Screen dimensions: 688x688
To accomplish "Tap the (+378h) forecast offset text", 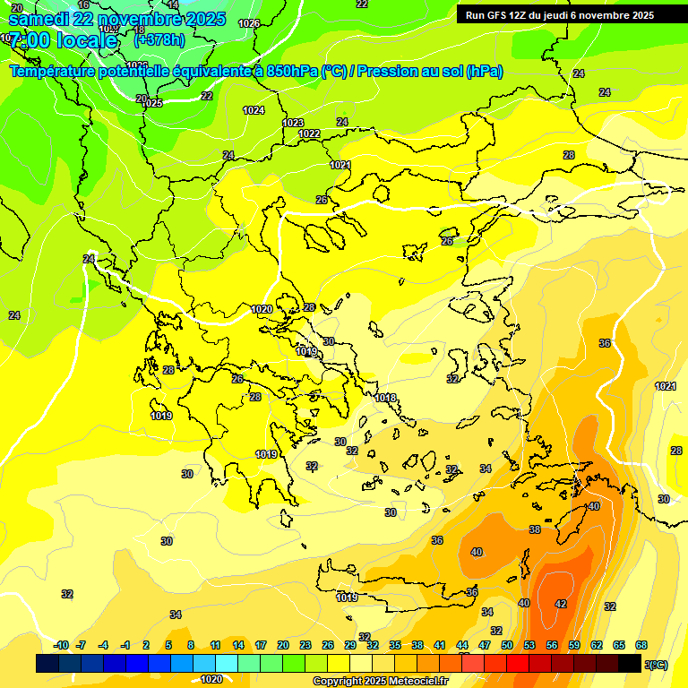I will click(x=159, y=39).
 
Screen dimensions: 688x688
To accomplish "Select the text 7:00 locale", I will click(x=63, y=40).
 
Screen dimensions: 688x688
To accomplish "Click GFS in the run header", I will click(x=499, y=15).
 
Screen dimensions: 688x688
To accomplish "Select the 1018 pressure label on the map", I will click(x=385, y=398).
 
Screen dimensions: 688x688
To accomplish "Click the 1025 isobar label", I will click(x=152, y=103).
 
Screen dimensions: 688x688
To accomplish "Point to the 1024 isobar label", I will click(x=254, y=110).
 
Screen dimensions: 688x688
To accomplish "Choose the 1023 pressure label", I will click(x=293, y=123).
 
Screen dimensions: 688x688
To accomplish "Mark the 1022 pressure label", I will click(x=309, y=133).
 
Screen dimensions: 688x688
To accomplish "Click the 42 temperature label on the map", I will click(x=561, y=604).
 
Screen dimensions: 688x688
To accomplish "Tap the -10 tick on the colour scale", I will click(x=62, y=645).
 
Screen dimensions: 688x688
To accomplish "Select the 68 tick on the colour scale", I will click(x=641, y=645).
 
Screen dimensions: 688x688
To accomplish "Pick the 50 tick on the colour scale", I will click(x=507, y=645).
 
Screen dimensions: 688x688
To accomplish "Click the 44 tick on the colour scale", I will click(x=462, y=645).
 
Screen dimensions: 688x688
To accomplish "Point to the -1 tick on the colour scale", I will click(x=125, y=645).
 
